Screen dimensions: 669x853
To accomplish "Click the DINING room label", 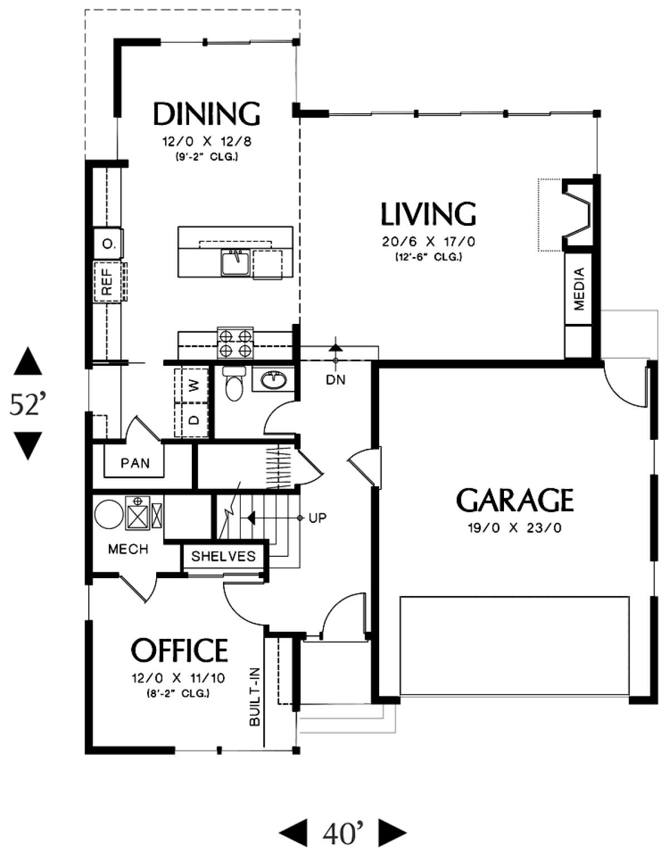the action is tap(206, 114).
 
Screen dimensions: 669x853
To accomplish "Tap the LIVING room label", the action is tap(429, 214).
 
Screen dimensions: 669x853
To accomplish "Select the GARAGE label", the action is tap(515, 500).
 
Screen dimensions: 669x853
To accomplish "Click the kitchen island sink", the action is tap(235, 262).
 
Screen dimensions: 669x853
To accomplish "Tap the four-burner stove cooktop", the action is tap(235, 343).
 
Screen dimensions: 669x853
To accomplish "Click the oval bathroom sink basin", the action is tap(274, 380).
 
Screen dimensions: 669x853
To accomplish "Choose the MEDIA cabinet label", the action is tap(579, 289).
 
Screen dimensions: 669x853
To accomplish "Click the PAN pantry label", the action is tap(135, 463).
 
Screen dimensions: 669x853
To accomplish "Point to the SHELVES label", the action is tap(223, 556).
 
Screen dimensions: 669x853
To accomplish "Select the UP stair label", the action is tap(317, 518).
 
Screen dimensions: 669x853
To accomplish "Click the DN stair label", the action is tap(336, 380).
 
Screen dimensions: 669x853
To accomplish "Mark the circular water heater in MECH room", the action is tap(109, 514).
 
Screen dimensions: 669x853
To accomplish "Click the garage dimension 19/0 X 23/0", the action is tap(515, 528).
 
